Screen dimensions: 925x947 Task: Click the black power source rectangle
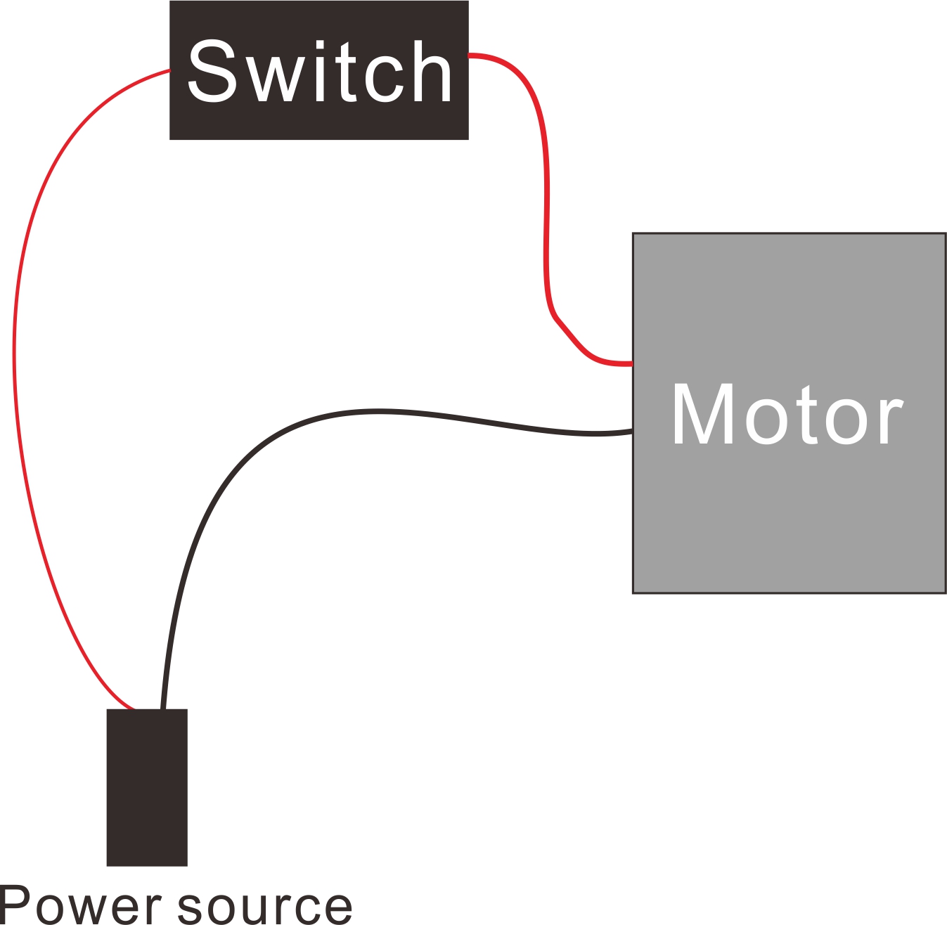pos(147,787)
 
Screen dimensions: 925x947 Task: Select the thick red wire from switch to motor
pos(546,211)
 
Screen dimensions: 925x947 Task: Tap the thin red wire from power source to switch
pos(15,366)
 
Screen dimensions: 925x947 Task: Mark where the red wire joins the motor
pos(631,363)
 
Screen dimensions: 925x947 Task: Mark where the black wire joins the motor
pos(631,432)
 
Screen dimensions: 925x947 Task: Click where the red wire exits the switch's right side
pos(470,55)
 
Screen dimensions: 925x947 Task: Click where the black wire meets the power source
pos(162,709)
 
